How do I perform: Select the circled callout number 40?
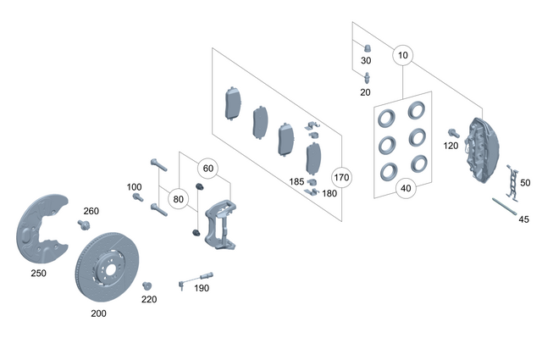pos(406,188)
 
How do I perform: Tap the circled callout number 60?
pos(208,168)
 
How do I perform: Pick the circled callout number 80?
pos(178,200)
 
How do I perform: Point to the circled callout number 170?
pos(340,178)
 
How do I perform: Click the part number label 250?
pos(39,273)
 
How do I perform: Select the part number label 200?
pos(99,313)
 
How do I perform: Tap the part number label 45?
pos(523,219)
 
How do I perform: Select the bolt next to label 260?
pos(85,224)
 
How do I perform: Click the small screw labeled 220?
pos(146,285)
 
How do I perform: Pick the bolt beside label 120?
pos(453,133)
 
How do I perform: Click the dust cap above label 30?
pos(367,47)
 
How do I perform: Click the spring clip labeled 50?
pos(512,180)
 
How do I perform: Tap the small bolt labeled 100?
pos(137,197)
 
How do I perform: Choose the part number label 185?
pos(296,181)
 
